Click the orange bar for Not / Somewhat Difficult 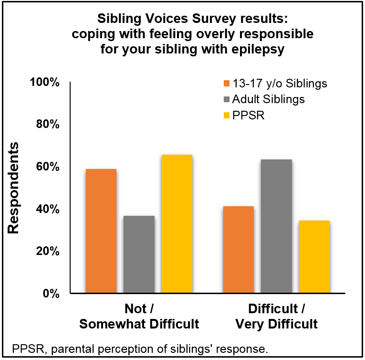pos(101,231)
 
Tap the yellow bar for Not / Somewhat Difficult pos(177,224)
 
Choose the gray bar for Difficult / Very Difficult pos(276,226)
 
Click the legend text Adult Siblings pos(269,99)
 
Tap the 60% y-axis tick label pos(49,167)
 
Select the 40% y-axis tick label pos(49,209)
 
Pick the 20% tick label pos(49,251)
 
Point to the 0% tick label pos(52,293)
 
